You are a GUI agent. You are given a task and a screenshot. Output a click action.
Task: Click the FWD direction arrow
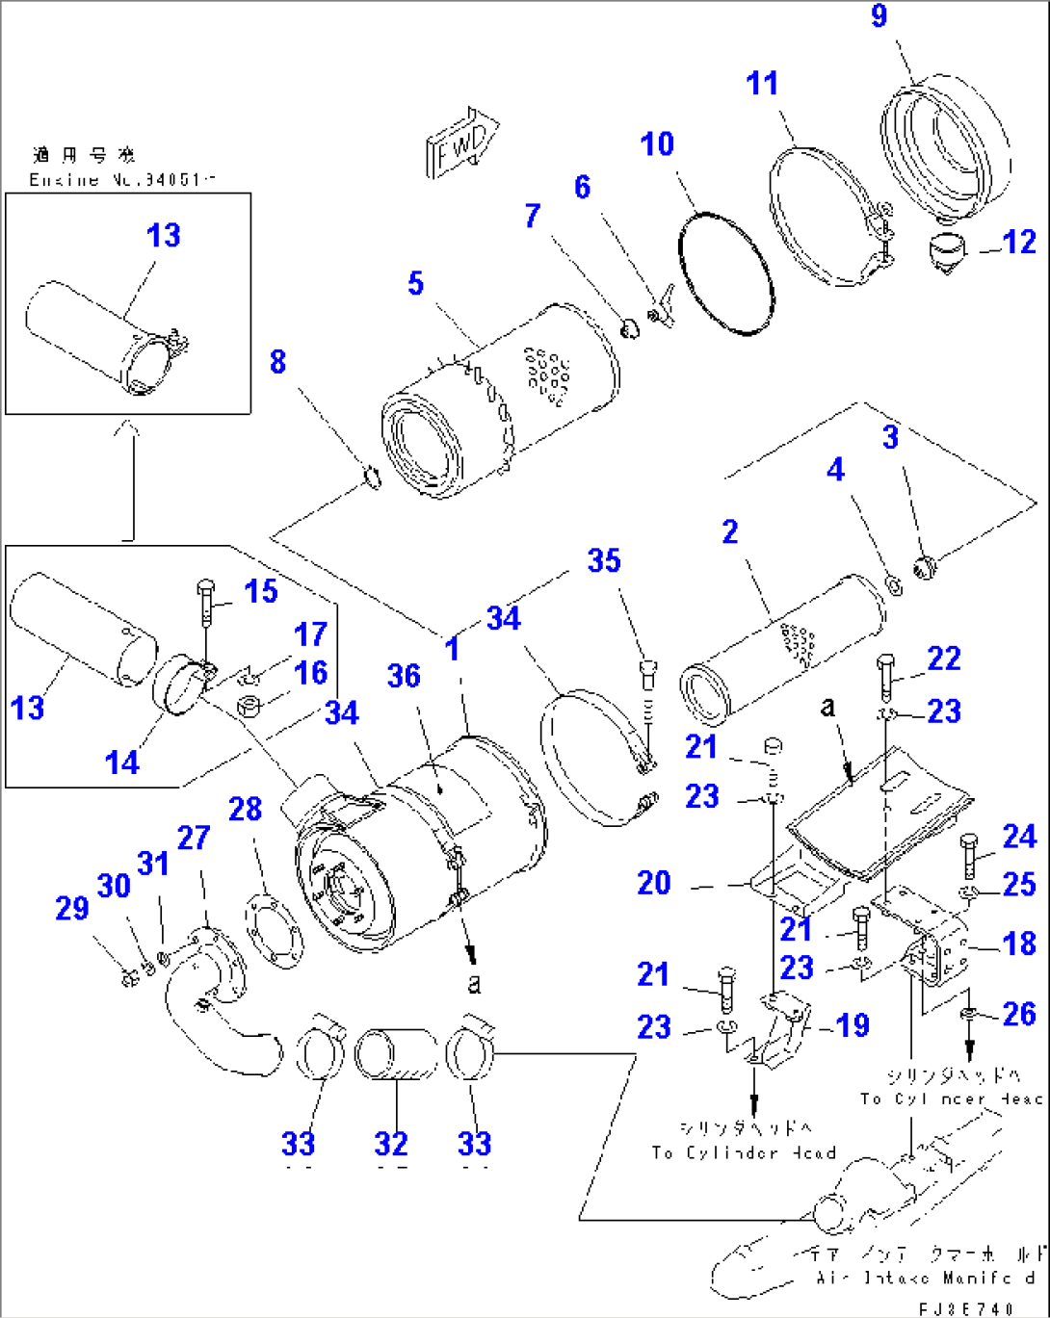tap(461, 142)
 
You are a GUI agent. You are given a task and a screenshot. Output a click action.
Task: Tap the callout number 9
tap(879, 16)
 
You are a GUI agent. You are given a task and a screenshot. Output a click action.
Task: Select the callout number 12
tap(1018, 243)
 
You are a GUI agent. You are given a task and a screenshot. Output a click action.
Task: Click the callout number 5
tap(415, 284)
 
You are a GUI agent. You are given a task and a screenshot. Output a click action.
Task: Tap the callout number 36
tap(404, 676)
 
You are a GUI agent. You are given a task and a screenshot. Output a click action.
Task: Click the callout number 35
tap(604, 561)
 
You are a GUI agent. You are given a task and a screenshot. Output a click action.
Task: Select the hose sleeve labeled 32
tap(396, 1055)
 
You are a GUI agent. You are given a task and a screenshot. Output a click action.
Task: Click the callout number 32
tap(391, 1144)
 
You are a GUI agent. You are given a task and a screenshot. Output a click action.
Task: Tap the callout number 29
tap(72, 908)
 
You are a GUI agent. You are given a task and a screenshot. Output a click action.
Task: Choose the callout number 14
tap(122, 762)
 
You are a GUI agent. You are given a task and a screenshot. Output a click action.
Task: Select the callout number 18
tap(1019, 943)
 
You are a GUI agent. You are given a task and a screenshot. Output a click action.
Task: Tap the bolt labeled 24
tap(970, 856)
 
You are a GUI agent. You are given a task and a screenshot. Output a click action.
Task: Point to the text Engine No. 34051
tap(122, 180)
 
